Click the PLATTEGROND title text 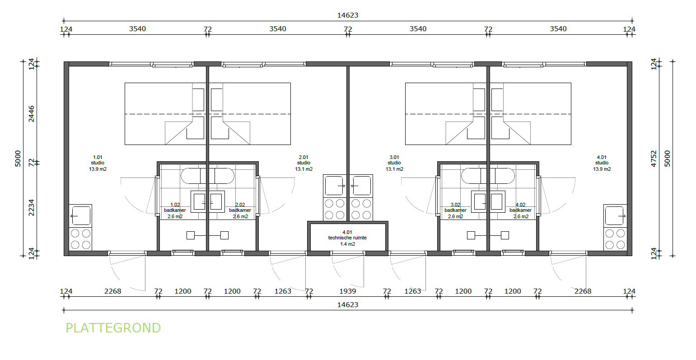[x=113, y=328]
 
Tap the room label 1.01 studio [x=98, y=163]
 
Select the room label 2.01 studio [x=304, y=163]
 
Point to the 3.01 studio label [x=394, y=163]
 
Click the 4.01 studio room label [x=602, y=163]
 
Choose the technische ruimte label [x=347, y=238]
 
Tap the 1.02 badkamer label [x=175, y=210]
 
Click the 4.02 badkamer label [x=520, y=210]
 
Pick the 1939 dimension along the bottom [x=348, y=291]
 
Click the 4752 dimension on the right [x=654, y=159]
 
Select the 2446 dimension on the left [x=31, y=114]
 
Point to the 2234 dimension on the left [x=31, y=207]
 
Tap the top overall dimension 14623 [x=348, y=15]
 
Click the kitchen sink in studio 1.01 [x=80, y=216]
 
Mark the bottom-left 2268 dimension [x=112, y=291]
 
